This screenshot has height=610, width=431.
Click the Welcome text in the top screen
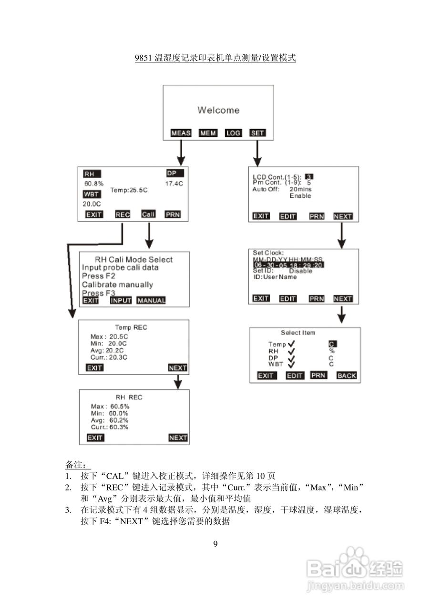coord(218,110)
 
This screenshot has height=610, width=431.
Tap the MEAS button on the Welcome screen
coord(181,133)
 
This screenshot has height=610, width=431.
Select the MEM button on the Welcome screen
coord(208,133)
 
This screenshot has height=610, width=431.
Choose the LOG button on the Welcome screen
coord(233,133)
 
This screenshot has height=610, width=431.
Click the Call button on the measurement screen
coord(148,214)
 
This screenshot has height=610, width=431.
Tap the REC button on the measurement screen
coord(123,214)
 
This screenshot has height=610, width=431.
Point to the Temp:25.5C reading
coord(129,190)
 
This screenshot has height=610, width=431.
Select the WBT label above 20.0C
coord(91,194)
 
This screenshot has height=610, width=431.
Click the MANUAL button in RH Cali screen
coord(151,300)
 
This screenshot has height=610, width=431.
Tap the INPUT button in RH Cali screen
coord(121,300)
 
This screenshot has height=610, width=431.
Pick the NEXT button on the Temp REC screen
coord(178,368)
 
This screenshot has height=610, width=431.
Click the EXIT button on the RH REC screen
coord(95,437)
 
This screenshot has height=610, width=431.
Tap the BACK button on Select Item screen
coord(347,376)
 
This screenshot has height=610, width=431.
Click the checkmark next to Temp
coord(291,344)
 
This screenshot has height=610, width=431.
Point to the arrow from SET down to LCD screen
coord(257,152)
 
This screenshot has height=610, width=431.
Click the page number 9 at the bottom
coord(215,544)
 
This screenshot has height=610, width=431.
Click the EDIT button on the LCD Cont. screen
coord(287,216)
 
